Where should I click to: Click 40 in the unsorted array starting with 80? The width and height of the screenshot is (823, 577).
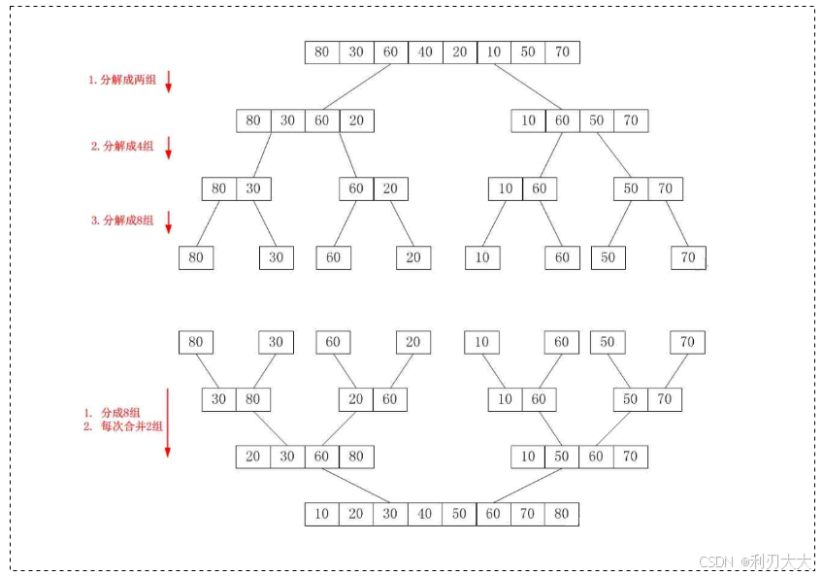(x=424, y=52)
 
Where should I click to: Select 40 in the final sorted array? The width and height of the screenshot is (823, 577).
(x=424, y=514)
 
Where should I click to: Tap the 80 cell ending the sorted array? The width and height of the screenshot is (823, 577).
(x=562, y=514)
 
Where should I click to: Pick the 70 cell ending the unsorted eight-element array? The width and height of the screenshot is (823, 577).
(x=562, y=52)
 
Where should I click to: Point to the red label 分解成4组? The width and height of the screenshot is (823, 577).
(x=122, y=147)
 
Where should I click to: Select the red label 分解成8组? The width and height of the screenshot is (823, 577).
(x=122, y=221)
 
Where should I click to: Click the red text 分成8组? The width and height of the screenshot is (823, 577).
(x=121, y=413)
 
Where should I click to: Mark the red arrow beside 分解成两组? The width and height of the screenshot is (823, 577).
(x=168, y=82)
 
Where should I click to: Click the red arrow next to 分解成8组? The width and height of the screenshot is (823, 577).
(x=168, y=221)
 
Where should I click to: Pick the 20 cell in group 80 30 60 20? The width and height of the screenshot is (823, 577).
(x=356, y=121)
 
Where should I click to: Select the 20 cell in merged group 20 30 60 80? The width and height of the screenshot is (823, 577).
(x=253, y=457)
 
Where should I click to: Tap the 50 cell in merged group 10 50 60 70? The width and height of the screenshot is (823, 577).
(x=562, y=457)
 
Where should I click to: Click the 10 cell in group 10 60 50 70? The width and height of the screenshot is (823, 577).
(x=528, y=121)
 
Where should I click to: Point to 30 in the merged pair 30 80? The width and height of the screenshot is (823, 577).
(x=219, y=399)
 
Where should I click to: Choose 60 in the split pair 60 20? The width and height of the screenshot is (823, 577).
(x=356, y=188)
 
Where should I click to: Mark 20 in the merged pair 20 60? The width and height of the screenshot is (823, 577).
(x=356, y=399)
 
